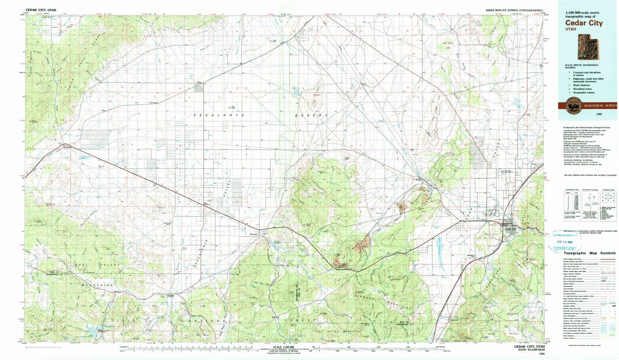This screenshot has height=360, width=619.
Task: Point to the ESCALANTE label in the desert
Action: pos(219,115)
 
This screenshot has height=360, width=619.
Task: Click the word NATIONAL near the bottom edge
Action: pos(207,321)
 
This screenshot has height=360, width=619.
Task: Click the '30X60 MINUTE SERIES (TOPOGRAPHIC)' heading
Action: pos(513,10)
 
